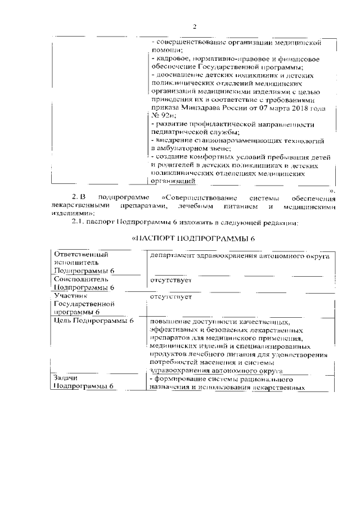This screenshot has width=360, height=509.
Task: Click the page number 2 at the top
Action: click(x=194, y=26)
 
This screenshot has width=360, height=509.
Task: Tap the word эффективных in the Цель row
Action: click(x=174, y=330)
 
